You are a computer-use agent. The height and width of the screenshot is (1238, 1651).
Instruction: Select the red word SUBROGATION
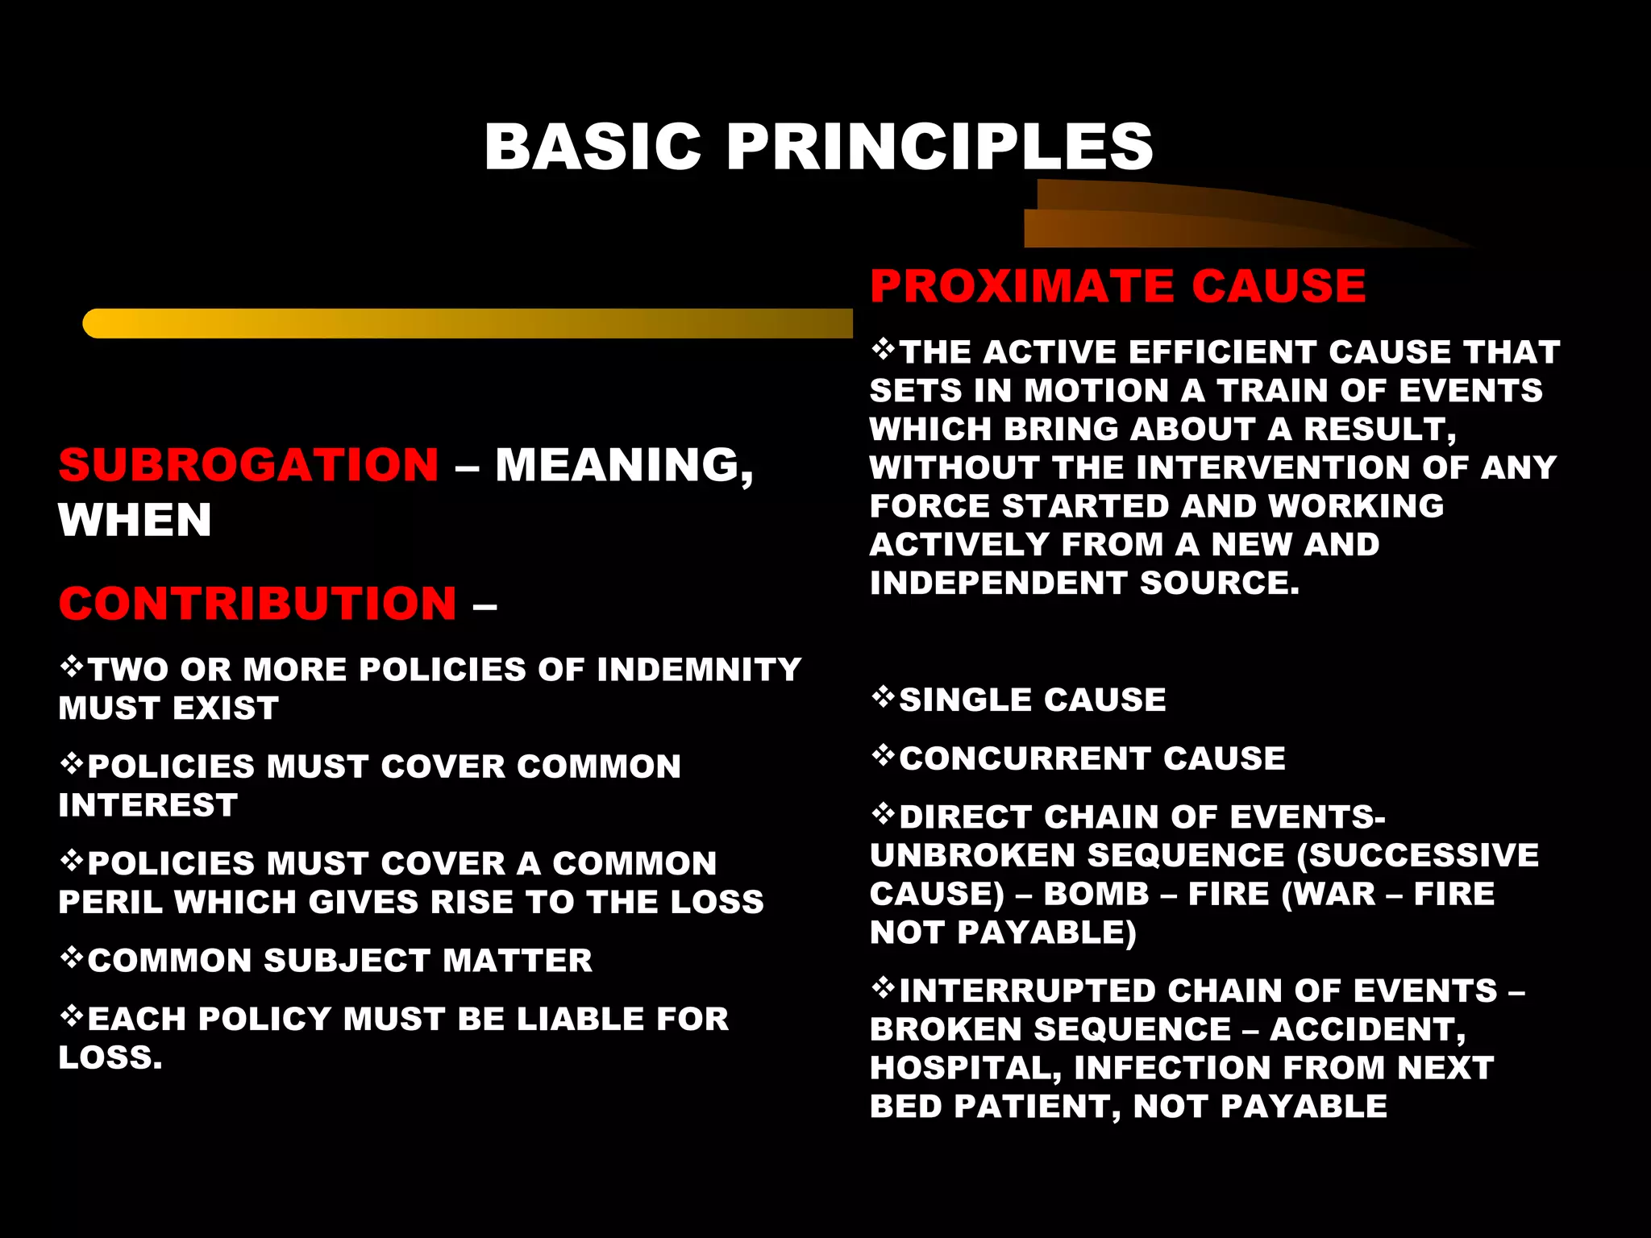click(248, 465)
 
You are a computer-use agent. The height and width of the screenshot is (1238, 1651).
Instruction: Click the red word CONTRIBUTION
click(258, 604)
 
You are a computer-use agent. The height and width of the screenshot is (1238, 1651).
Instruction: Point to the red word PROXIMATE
click(1022, 286)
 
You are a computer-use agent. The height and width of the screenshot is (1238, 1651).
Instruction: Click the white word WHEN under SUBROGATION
click(135, 520)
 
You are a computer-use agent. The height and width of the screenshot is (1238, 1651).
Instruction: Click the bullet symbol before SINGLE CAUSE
click(884, 697)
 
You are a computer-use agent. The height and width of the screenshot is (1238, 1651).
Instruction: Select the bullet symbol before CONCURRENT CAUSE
click(884, 756)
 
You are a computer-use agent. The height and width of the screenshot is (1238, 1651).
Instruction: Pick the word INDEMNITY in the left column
click(699, 670)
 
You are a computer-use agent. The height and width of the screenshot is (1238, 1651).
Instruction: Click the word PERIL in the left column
click(110, 902)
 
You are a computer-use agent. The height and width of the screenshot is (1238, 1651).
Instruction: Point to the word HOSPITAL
click(965, 1068)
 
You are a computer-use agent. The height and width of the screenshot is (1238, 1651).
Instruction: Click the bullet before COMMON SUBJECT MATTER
click(72, 958)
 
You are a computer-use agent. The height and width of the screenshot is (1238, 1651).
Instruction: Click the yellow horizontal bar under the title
click(468, 323)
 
